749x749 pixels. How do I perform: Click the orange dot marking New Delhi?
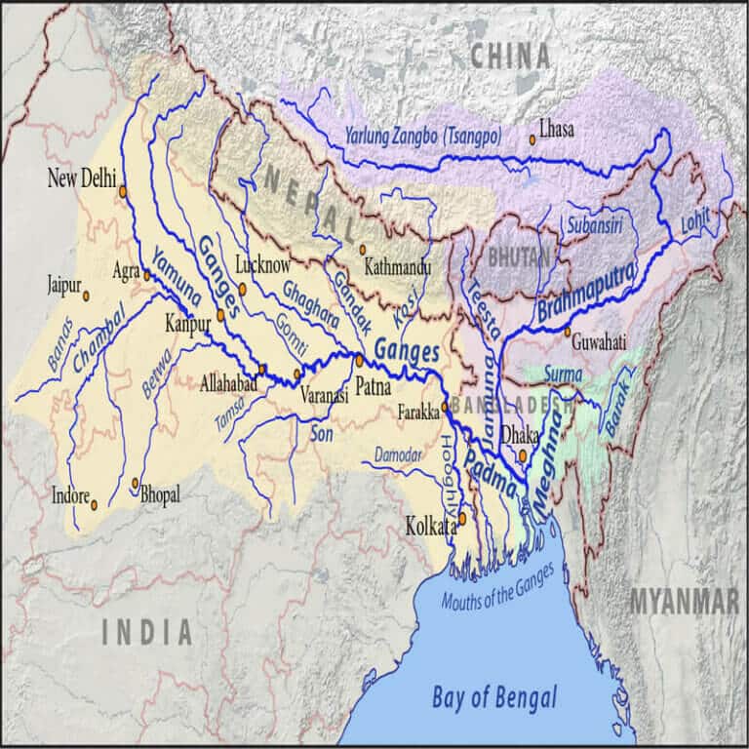click(123, 191)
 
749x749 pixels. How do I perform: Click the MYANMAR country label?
click(683, 602)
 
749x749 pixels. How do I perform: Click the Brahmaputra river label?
click(585, 291)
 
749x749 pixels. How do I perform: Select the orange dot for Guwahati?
click(567, 332)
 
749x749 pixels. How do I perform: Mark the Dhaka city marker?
click(524, 454)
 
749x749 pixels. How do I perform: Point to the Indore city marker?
click(95, 505)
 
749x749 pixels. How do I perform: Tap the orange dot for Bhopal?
click(135, 482)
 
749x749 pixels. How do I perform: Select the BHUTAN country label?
click(518, 256)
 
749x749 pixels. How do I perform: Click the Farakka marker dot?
click(445, 407)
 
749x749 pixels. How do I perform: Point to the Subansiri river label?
click(595, 223)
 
